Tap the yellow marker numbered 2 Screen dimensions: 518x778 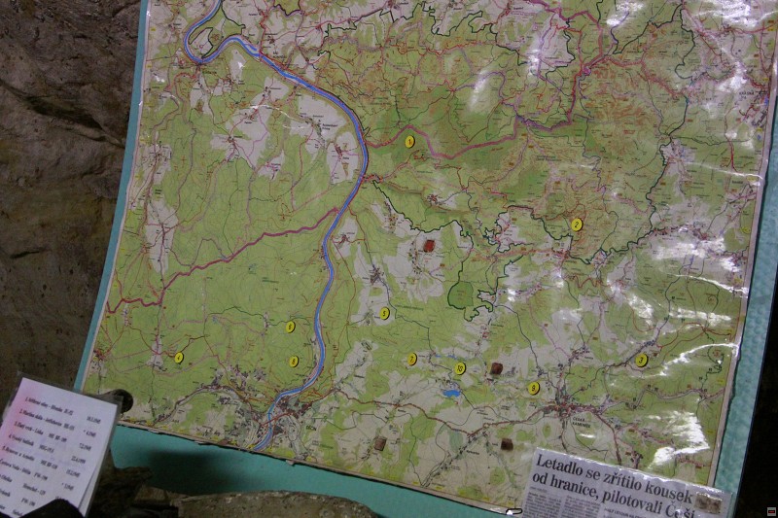(577, 224)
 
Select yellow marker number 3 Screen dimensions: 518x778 (641, 360)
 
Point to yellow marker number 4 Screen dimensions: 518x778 (179, 358)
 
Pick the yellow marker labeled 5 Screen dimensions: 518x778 (290, 327)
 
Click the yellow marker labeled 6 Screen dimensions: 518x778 (293, 362)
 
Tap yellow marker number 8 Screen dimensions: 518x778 (534, 388)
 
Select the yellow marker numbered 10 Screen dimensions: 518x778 (460, 368)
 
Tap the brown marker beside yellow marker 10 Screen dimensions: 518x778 (496, 368)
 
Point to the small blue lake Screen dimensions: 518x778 (450, 394)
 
